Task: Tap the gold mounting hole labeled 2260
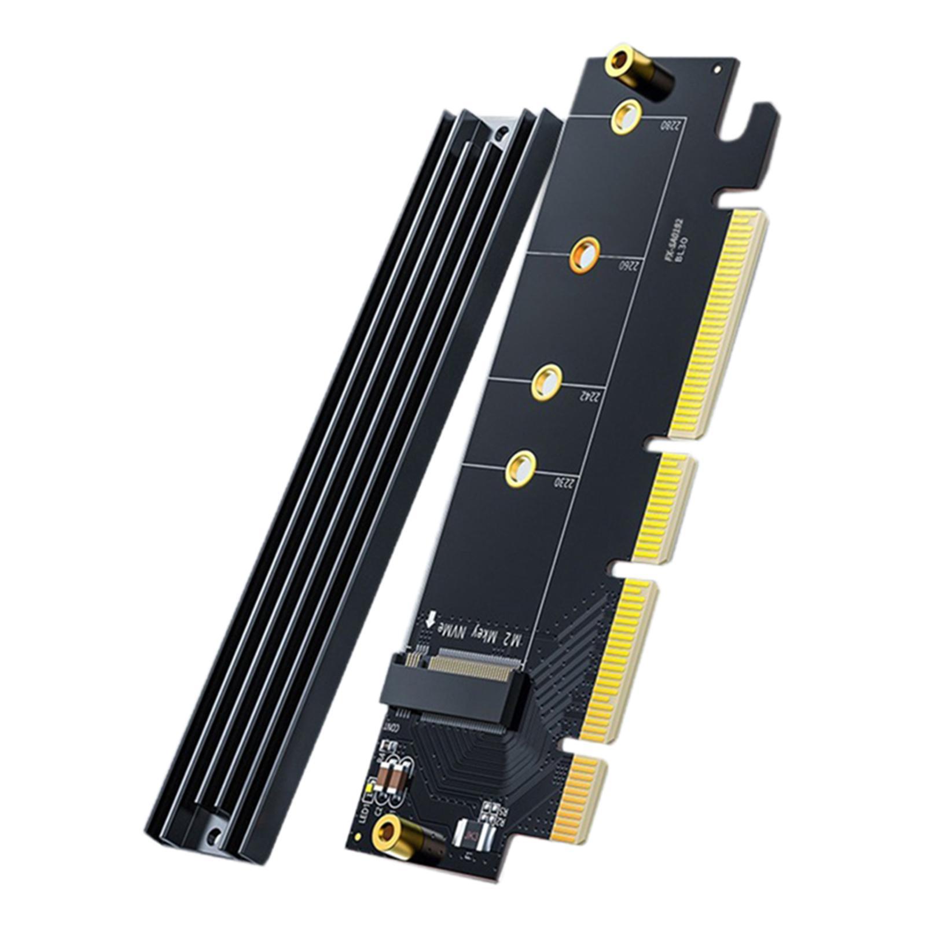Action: (x=585, y=254)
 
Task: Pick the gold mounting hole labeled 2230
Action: (x=520, y=468)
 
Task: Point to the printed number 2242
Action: (x=588, y=396)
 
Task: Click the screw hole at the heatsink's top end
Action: (x=501, y=134)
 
